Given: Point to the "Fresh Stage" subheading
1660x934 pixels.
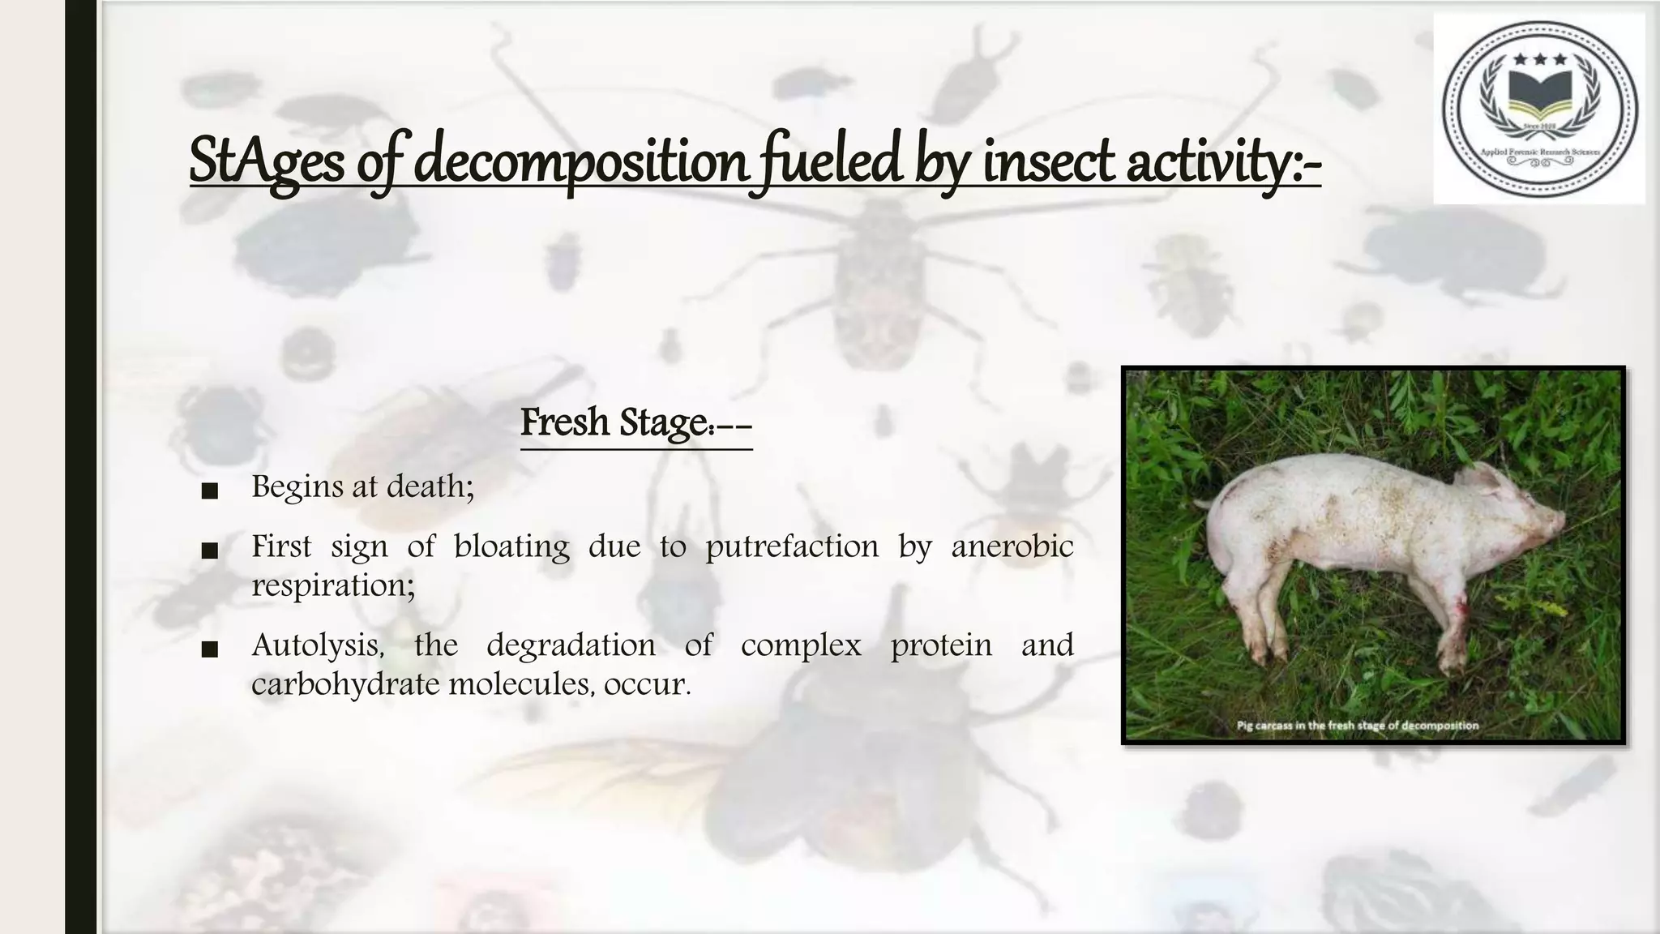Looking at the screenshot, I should (635, 422).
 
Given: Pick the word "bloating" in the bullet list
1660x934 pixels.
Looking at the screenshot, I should (511, 546).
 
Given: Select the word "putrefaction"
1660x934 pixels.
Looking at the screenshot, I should (792, 546).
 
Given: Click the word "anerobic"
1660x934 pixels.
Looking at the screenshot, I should (1012, 546).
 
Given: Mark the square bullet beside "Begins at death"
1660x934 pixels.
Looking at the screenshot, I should (209, 491).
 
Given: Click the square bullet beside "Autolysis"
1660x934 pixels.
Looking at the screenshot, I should (209, 649).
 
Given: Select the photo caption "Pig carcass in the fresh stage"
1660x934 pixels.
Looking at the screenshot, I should (1357, 726).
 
